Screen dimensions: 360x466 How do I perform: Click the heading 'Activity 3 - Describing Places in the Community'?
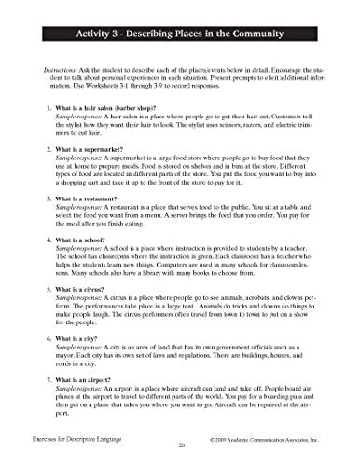click(x=179, y=37)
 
